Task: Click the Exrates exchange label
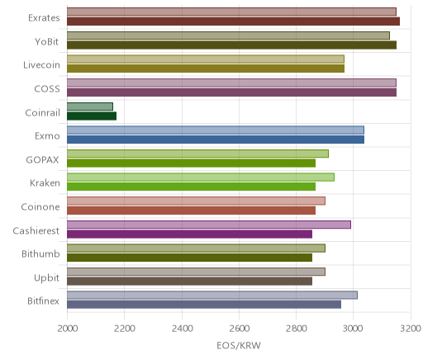[x=44, y=18]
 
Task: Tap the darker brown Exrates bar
[x=233, y=21]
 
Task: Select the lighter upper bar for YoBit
[x=228, y=36]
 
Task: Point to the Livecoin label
[x=41, y=65]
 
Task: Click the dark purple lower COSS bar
[x=231, y=92]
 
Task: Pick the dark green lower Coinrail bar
[x=92, y=116]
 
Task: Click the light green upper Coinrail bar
[x=90, y=107]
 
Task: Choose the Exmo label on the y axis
[x=47, y=135]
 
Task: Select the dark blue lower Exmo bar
[x=216, y=140]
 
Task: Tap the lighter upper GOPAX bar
[x=197, y=154]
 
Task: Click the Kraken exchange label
[x=45, y=182]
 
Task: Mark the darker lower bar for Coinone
[x=191, y=211]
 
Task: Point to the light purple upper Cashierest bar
[x=209, y=225]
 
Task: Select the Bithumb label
[x=40, y=253]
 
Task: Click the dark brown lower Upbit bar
[x=189, y=281]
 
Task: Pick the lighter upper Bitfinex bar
[x=212, y=295]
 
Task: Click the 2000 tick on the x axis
[x=68, y=329]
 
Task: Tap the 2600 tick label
[x=239, y=329]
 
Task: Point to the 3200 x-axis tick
[x=411, y=329]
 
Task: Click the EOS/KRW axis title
[x=239, y=345]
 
